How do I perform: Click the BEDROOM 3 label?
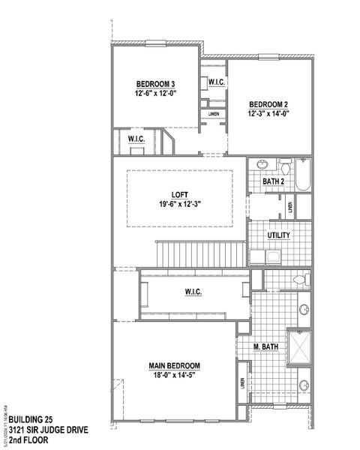tap(155, 83)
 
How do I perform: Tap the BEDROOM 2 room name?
tap(269, 103)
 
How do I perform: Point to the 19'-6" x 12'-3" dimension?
tap(180, 204)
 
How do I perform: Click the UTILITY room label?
tap(279, 235)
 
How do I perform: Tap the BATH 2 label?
tap(274, 181)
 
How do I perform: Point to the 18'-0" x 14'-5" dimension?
tap(180, 376)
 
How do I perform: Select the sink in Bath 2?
tap(262, 165)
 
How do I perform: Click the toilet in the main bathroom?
tap(299, 280)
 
